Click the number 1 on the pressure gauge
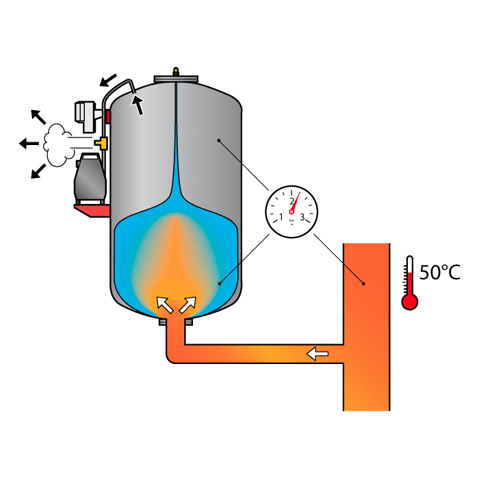coord(281,218)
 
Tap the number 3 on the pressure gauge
coord(302,218)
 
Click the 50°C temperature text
coord(439,272)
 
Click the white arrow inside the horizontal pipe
coord(317,354)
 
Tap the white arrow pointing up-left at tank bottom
coord(164,303)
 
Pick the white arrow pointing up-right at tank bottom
coord(188,303)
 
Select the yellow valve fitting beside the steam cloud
coord(103,143)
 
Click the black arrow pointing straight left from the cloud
coord(28,143)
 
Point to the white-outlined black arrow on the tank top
coord(138,105)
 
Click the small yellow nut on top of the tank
coord(177,70)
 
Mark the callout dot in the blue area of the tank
coord(219,282)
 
